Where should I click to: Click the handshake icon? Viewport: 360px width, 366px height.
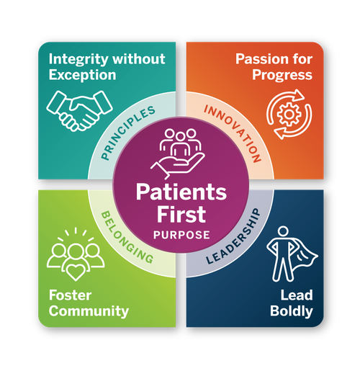79,111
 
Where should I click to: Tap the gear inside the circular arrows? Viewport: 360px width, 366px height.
289,115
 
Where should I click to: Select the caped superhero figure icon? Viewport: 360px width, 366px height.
292,254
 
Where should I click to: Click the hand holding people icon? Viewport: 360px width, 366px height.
178,154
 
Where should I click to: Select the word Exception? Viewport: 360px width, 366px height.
82,75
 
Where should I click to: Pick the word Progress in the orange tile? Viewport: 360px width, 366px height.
282,76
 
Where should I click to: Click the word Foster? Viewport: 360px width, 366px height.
70,295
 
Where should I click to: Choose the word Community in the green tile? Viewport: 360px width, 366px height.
89,311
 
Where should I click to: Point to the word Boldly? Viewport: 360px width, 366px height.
292,311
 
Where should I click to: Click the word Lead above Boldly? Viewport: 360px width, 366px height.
297,295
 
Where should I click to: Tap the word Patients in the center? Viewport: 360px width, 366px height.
181,192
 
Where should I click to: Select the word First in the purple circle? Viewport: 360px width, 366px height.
181,214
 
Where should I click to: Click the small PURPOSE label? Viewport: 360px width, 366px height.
181,235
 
